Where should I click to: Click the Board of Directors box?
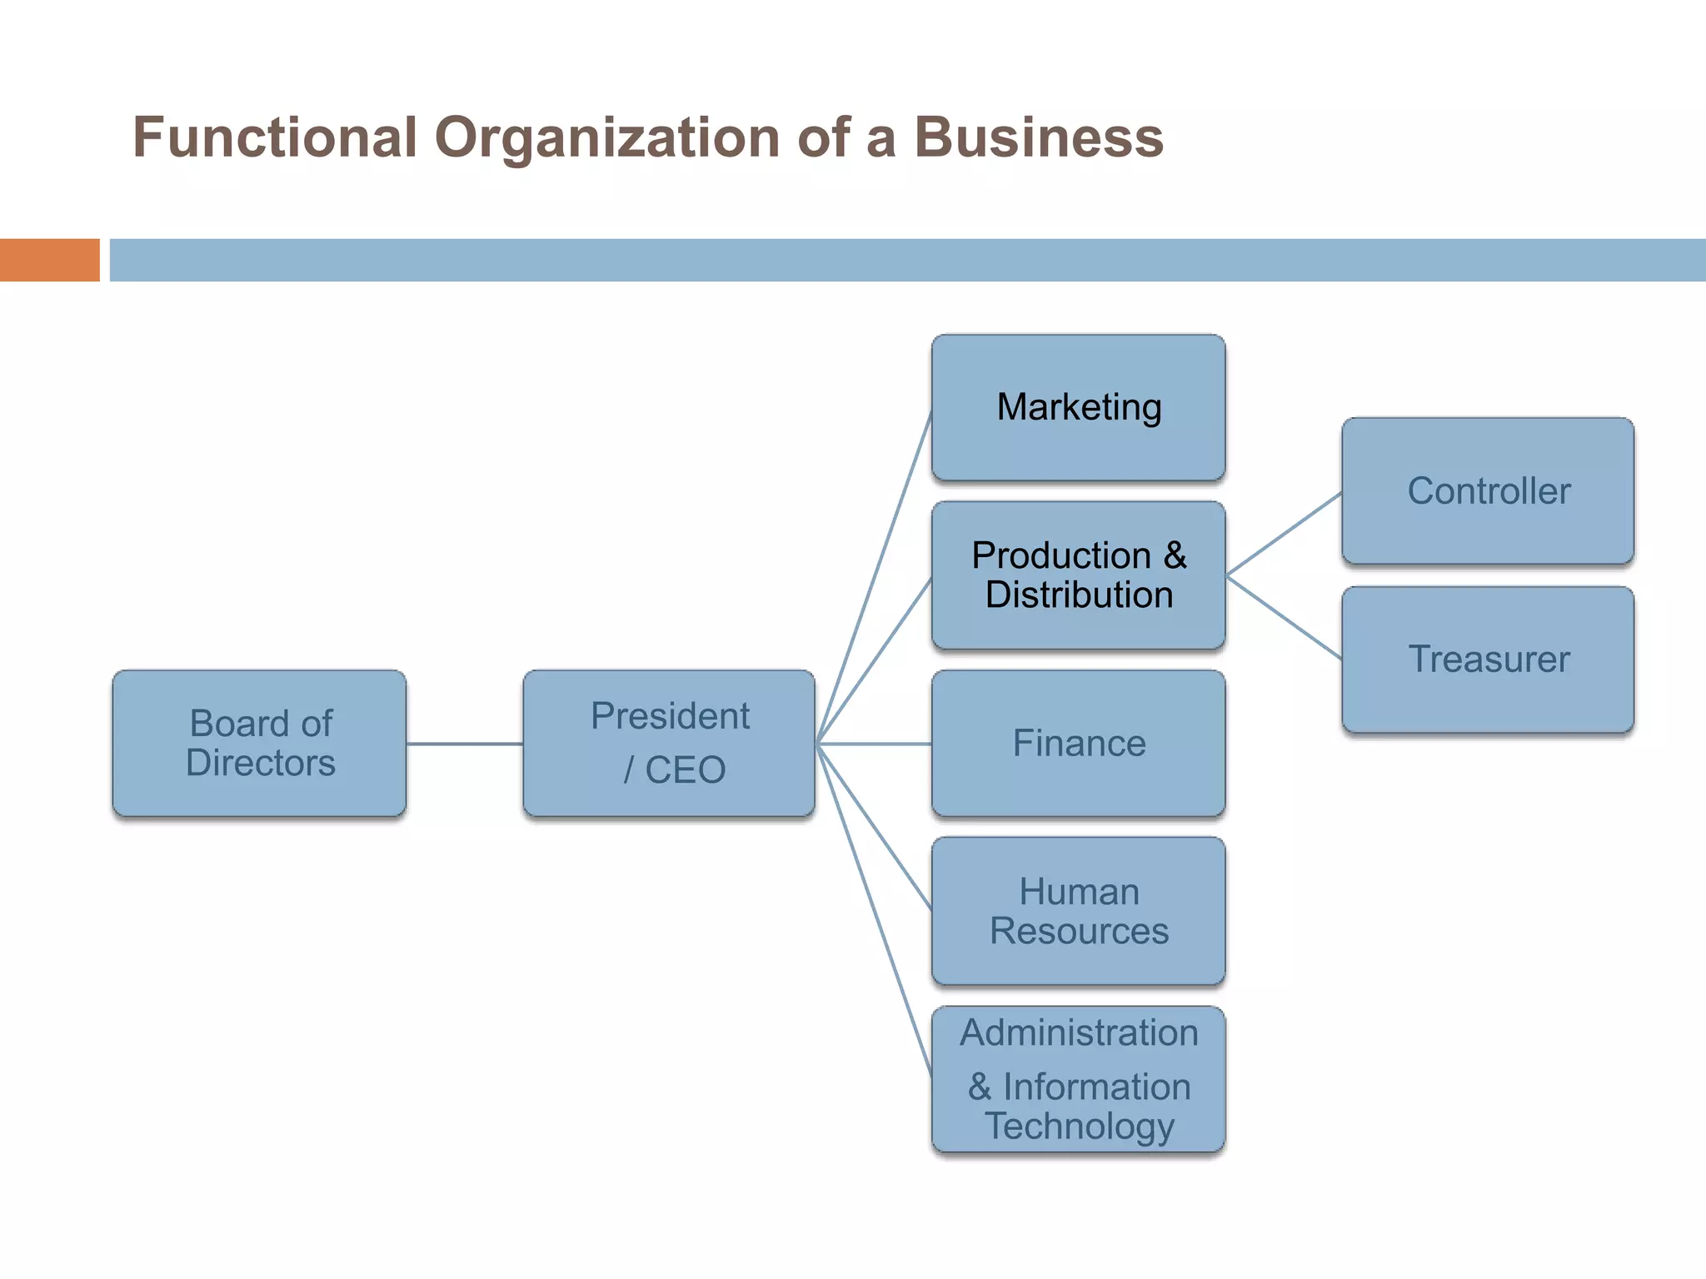[x=259, y=743]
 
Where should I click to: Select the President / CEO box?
[x=669, y=743]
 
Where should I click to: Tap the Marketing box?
[x=1078, y=407]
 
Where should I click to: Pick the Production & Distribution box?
[x=1078, y=575]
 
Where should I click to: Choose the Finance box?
[x=1078, y=743]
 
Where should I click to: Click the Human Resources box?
[x=1078, y=911]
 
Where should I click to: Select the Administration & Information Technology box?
[x=1078, y=1079]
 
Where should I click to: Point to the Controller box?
[x=1488, y=490]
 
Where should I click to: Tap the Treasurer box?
[x=1488, y=659]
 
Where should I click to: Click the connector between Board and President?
[x=464, y=744]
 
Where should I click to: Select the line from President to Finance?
[x=875, y=744]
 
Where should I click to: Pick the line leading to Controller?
[x=1284, y=534]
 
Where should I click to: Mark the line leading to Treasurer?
[x=1284, y=618]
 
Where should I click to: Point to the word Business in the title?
[x=1039, y=137]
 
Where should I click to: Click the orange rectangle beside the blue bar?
[x=49, y=260]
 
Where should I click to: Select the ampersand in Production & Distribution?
[x=1175, y=555]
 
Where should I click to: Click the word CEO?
[x=685, y=770]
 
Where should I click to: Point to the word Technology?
[x=1080, y=1126]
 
